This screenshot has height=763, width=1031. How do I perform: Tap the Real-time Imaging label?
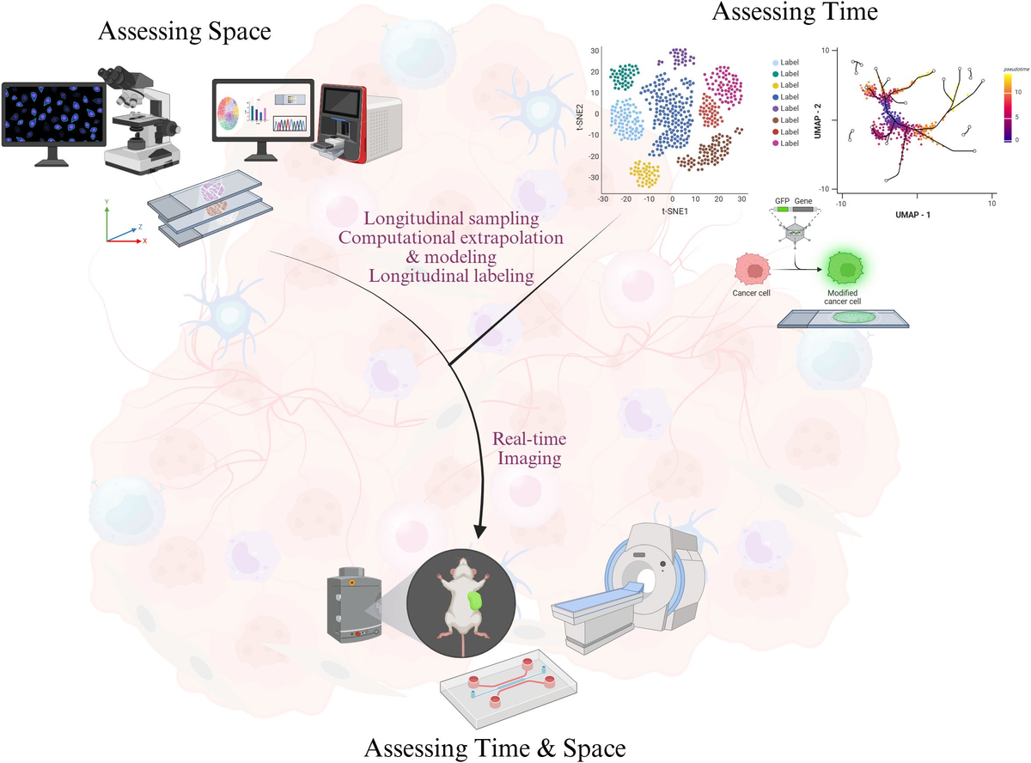click(529, 449)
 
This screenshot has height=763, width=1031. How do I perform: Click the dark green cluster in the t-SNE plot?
click(630, 76)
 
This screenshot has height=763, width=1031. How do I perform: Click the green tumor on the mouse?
click(475, 601)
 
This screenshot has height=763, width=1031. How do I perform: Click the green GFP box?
click(783, 209)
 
